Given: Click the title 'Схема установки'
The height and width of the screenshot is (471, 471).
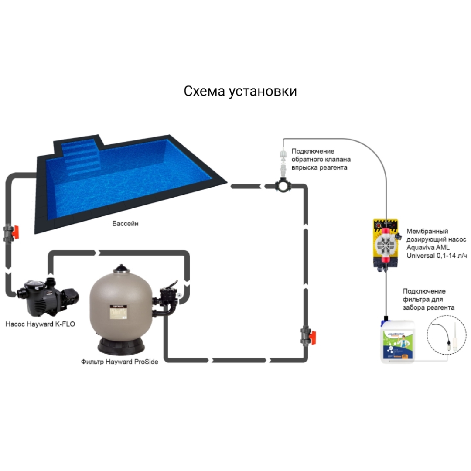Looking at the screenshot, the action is coord(240,91).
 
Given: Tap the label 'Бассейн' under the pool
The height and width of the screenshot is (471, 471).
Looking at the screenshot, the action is coord(125,223).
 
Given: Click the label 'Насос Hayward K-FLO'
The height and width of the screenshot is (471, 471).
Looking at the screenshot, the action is coord(40,324).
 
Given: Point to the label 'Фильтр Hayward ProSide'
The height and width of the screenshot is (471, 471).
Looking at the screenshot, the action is coord(119,362).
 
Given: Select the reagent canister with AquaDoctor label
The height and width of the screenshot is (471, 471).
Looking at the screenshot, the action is coord(397,341).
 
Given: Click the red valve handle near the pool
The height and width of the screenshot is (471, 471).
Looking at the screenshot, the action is coord(15,232).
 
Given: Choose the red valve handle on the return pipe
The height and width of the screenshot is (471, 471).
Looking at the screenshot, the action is coord(312,337).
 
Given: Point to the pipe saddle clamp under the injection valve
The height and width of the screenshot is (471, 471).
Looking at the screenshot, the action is coord(283,185).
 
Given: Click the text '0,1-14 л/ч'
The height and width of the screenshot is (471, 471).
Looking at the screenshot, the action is coord(451,256).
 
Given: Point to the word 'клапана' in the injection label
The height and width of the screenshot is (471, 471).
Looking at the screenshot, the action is coord(338,159).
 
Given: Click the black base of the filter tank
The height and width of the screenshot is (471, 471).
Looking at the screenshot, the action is coord(121,346).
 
